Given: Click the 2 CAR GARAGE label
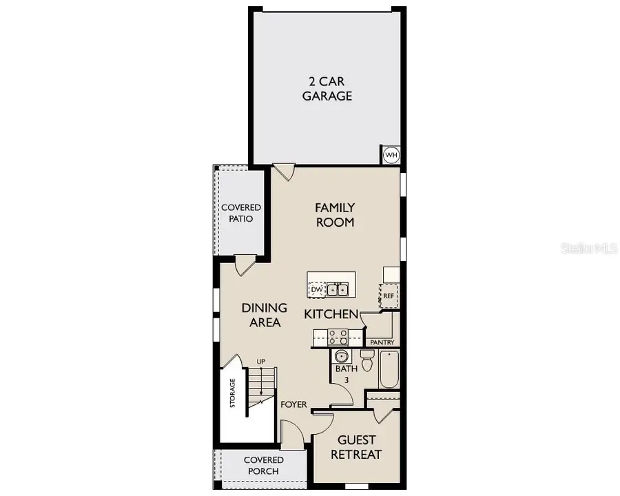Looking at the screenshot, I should coord(327,87).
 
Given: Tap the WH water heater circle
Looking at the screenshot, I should coord(391,155).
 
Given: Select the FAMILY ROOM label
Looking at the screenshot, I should coord(335,214).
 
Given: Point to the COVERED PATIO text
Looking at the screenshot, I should coord(240,213).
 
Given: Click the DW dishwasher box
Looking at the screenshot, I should coord(316,289).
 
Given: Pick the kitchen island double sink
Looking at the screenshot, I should coord(337,289).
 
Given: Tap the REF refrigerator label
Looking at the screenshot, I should coord(388,296).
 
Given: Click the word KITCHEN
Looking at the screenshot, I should coord(331,314).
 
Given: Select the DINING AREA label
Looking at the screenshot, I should coord(264,315).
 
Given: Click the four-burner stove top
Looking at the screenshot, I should coord(338,337).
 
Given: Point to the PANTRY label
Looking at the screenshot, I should coord(382,342).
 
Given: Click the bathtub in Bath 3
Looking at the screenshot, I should coord(389,371).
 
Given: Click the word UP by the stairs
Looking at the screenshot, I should coord(261,361).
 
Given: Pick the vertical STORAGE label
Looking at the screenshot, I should coord(233,393).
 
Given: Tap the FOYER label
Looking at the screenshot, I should coord(293,404).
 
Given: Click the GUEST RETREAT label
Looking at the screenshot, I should coord(355,447).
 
